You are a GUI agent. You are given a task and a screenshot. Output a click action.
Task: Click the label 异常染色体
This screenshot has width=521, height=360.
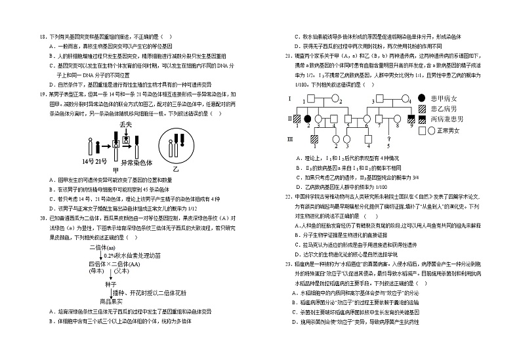137,162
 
